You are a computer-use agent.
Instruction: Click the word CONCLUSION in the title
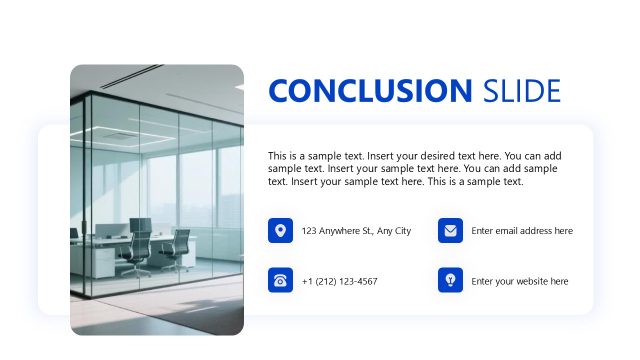click(370, 91)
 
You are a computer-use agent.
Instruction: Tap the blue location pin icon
click(280, 231)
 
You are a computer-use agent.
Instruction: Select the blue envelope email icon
click(450, 231)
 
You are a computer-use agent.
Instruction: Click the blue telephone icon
click(280, 281)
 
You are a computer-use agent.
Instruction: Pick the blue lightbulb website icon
click(450, 281)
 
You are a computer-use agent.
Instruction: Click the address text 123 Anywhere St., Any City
click(356, 231)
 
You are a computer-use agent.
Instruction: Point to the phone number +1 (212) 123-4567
click(339, 282)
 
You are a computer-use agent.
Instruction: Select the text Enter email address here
click(522, 231)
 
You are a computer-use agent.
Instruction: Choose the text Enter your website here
click(519, 282)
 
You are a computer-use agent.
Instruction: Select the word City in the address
click(401, 231)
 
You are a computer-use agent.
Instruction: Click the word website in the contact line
click(531, 282)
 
